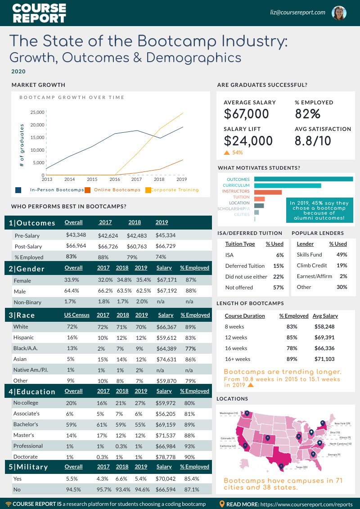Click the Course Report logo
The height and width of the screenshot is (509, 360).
39,13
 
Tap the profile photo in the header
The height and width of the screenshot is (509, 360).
339,13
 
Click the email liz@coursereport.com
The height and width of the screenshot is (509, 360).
298,12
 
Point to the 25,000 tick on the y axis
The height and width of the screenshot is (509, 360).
37,112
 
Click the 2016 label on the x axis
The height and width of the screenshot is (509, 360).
115,179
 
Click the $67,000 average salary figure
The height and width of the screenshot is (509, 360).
246,114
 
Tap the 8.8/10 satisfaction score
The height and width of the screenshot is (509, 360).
313,141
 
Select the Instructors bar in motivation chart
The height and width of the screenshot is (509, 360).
268,192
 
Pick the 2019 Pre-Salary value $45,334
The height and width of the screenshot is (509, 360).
165,235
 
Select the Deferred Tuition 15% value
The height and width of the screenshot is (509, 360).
278,266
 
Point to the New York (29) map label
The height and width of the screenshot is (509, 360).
342,423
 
